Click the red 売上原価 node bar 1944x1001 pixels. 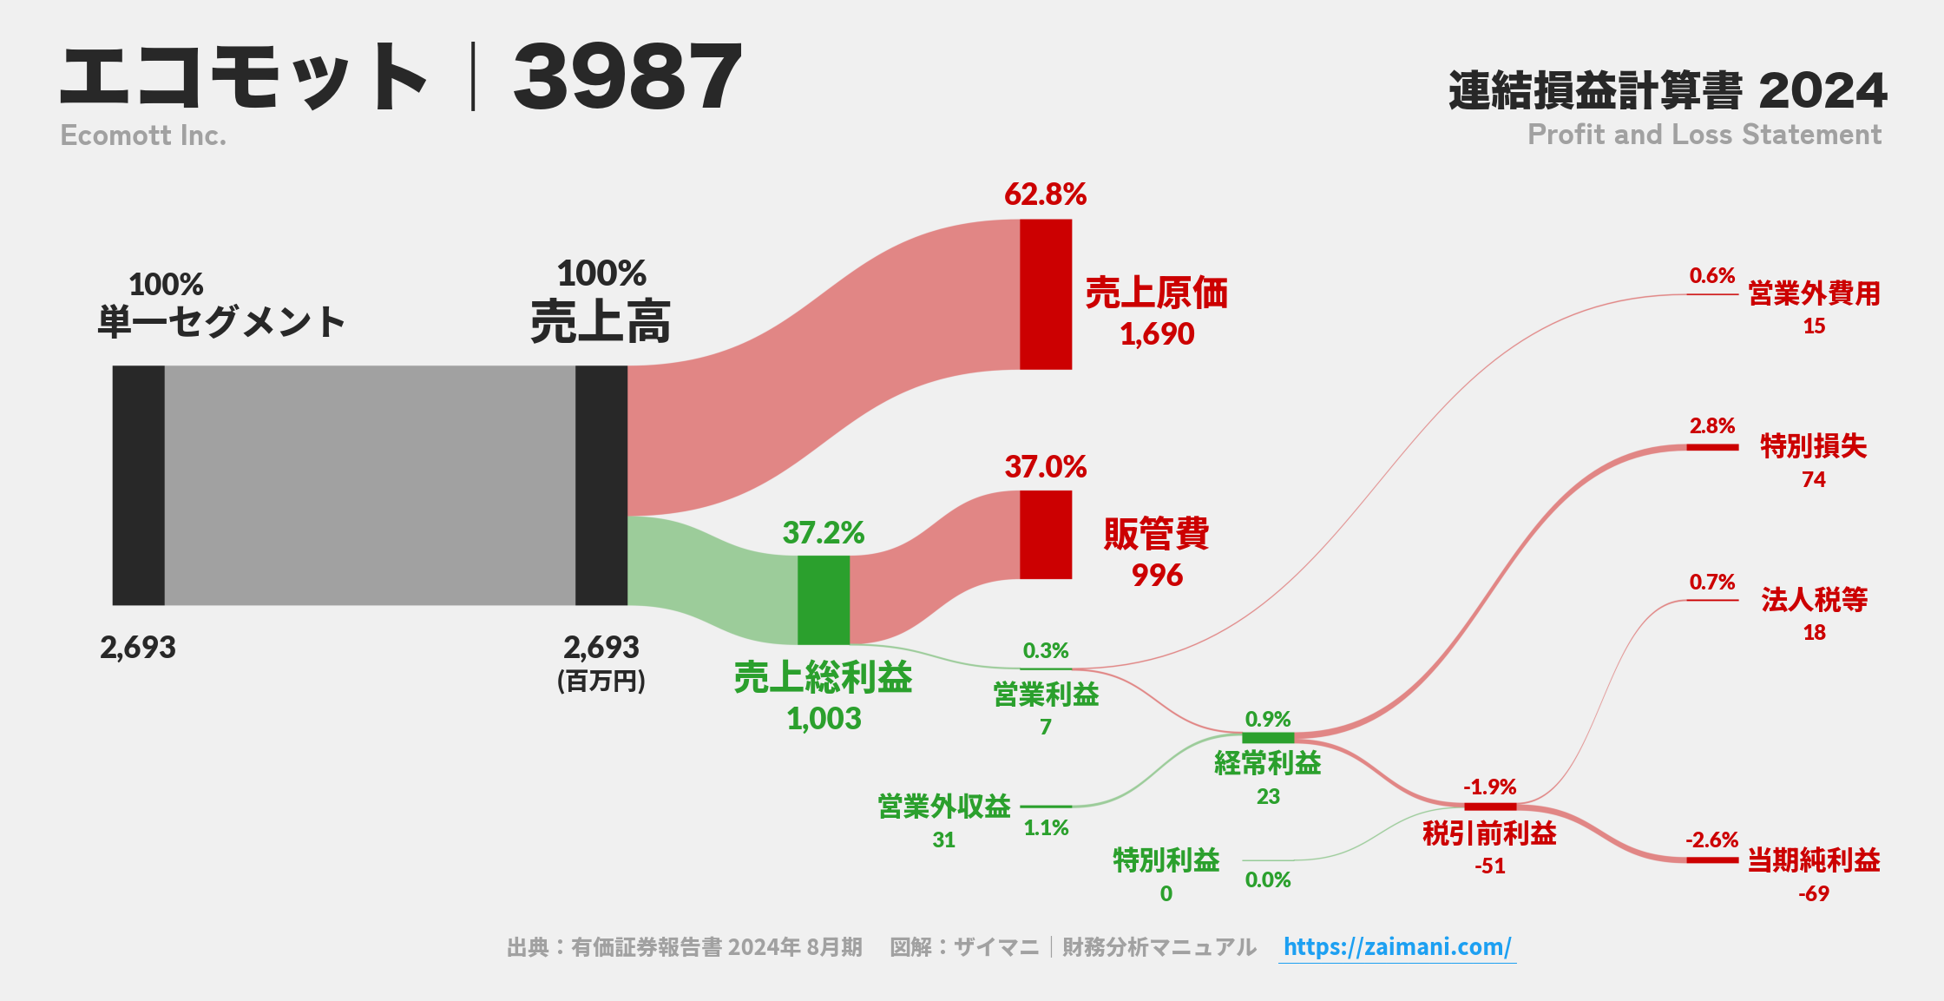[1046, 294]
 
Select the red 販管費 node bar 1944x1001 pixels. [1046, 535]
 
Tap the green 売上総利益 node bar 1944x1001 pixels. [824, 600]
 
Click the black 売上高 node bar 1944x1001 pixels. [601, 485]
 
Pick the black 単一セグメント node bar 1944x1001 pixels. [139, 485]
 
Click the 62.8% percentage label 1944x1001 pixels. [1045, 194]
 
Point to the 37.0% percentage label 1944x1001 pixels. [1045, 467]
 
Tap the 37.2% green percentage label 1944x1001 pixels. [823, 533]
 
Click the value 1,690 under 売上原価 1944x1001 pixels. [1157, 334]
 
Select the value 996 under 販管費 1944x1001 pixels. [1157, 576]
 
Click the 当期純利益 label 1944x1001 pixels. [1813, 860]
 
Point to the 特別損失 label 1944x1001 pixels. [1813, 446]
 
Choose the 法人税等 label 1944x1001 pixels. [1814, 599]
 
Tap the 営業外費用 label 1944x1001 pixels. [1814, 294]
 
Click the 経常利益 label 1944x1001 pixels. [1267, 764]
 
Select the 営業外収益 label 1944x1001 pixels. [944, 807]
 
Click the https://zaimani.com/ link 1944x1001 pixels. [1397, 947]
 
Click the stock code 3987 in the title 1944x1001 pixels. [627, 78]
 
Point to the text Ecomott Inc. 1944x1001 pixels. [143, 135]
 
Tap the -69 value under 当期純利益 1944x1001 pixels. [1813, 894]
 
